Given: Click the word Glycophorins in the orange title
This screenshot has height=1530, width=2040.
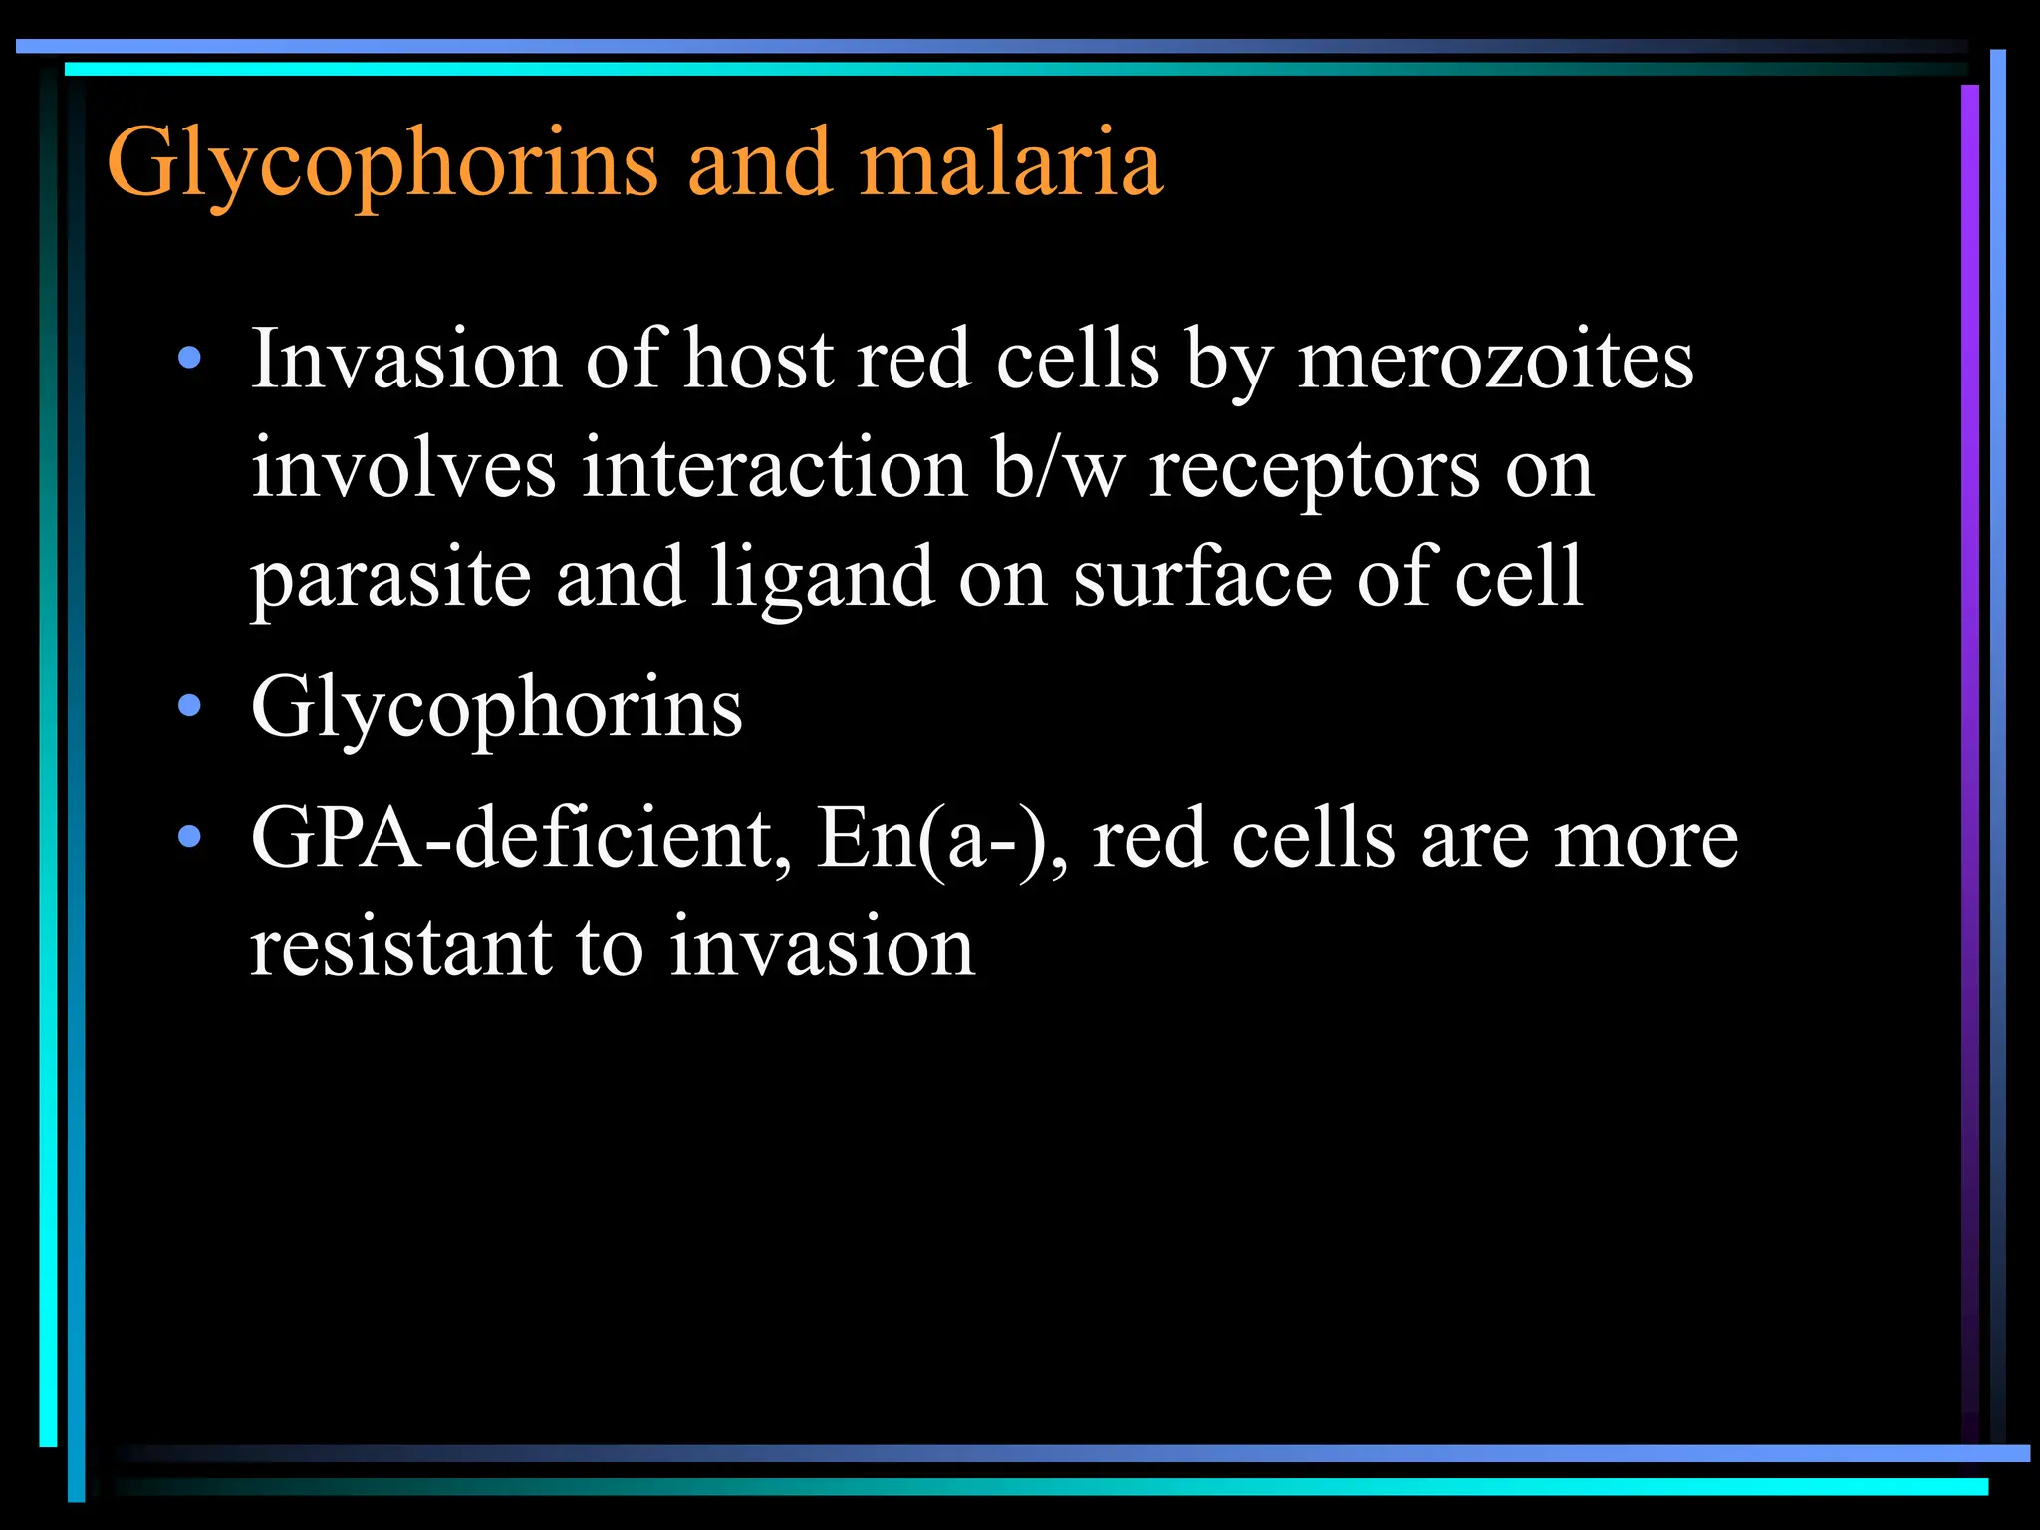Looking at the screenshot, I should [x=382, y=164].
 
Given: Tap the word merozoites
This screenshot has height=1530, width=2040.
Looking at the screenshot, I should [x=1495, y=360].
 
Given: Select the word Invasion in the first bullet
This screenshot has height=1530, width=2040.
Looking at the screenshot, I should [x=406, y=360].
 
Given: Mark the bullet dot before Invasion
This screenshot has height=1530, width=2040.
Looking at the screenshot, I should [x=189, y=360].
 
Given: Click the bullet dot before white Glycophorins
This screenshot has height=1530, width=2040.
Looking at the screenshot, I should [x=189, y=707].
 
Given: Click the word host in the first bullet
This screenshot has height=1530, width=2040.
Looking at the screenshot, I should [x=758, y=360].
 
